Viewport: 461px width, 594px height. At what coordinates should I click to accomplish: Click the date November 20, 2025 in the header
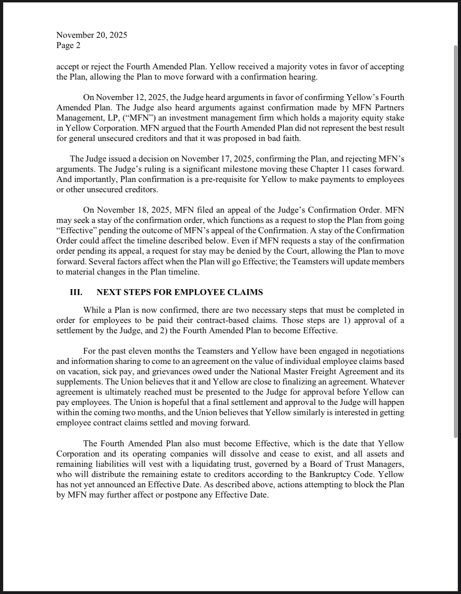(x=91, y=35)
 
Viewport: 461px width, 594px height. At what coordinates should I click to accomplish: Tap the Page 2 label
(x=68, y=45)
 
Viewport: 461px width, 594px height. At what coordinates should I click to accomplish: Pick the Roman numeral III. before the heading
(x=76, y=292)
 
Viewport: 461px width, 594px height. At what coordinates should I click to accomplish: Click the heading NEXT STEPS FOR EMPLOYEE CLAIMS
(x=180, y=292)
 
